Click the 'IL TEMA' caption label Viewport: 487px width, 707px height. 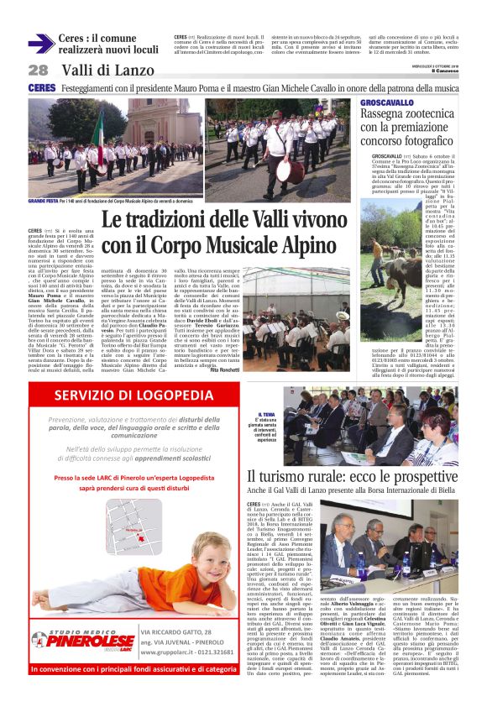(267, 414)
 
